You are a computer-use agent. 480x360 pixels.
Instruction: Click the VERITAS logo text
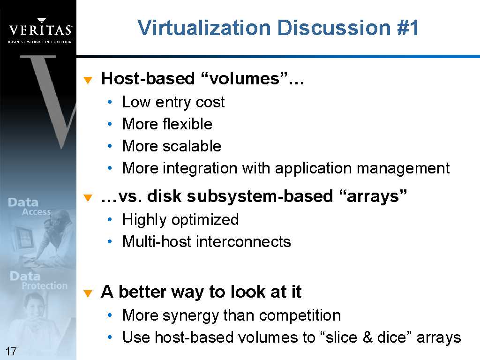point(40,30)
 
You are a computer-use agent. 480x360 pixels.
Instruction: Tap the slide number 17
point(11,351)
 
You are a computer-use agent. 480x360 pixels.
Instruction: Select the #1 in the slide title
point(408,28)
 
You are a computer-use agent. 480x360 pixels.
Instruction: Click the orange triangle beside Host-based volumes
point(88,80)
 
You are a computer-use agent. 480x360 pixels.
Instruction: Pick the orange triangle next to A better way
point(88,293)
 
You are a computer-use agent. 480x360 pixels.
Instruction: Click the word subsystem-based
point(260,196)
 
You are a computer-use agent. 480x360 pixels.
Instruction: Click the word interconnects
point(243,242)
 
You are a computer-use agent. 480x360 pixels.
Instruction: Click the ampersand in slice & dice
point(367,337)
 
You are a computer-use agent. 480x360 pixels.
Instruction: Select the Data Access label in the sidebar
point(30,207)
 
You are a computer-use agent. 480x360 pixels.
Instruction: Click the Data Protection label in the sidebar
point(38,280)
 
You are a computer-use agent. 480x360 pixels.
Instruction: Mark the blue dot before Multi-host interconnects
point(110,242)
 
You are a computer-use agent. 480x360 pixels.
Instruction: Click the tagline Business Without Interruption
point(40,42)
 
